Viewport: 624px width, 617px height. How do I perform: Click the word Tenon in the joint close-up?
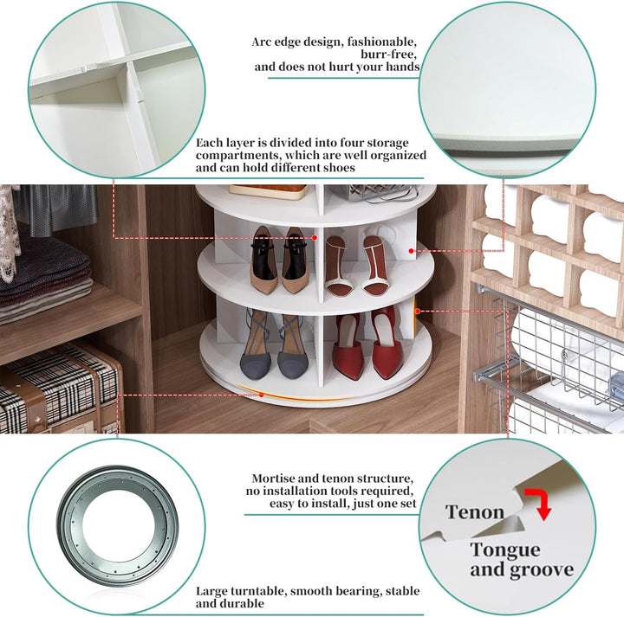tap(475, 511)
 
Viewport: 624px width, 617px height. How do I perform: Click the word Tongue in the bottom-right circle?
tap(505, 551)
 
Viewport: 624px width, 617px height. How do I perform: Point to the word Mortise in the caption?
tap(276, 478)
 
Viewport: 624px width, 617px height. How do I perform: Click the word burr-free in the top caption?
tap(388, 54)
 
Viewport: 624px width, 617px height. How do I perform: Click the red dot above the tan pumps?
tap(315, 238)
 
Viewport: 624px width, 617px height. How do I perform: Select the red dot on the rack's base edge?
tap(262, 395)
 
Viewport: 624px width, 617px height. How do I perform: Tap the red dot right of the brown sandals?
tap(411, 251)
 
